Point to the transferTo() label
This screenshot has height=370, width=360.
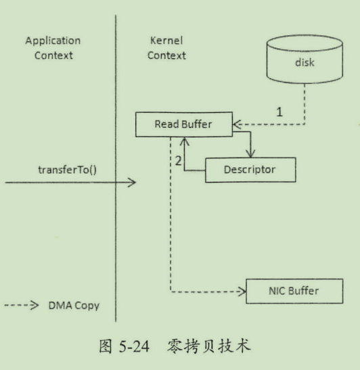(x=67, y=170)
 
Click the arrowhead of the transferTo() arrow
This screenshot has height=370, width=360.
(x=132, y=183)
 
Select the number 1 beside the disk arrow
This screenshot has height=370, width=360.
(x=279, y=112)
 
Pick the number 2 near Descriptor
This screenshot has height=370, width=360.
(x=178, y=161)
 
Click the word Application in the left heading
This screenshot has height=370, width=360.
(x=53, y=41)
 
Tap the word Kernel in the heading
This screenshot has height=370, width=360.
(x=166, y=41)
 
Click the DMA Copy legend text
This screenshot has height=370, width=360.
(x=74, y=306)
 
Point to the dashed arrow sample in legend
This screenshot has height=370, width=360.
(x=21, y=305)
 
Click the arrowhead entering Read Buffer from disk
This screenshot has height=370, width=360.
(x=237, y=124)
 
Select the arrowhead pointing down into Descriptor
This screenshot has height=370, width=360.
(x=250, y=154)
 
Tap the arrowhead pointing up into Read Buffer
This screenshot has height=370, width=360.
(x=184, y=141)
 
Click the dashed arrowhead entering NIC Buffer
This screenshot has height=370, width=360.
(x=242, y=292)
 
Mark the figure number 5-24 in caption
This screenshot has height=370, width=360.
(x=134, y=346)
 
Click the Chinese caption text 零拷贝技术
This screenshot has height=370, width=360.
(x=208, y=346)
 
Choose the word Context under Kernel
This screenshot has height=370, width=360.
(x=166, y=55)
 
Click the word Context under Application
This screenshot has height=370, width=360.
(x=53, y=55)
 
